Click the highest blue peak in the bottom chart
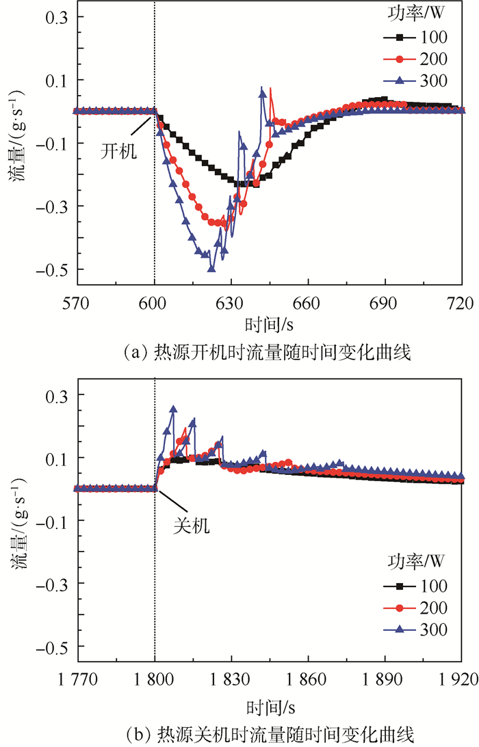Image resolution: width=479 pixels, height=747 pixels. pyautogui.click(x=173, y=409)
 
